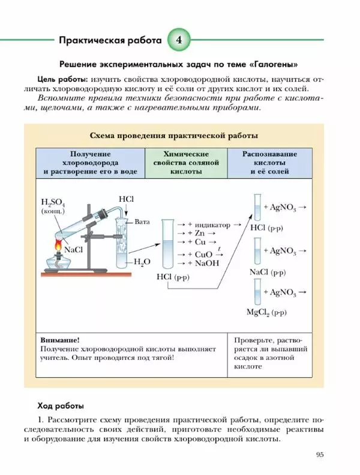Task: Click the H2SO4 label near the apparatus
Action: tap(53, 203)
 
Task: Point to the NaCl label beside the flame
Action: tap(73, 250)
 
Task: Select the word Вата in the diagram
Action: tap(142, 222)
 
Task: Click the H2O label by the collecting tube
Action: tap(142, 262)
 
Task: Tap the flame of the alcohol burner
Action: tap(58, 245)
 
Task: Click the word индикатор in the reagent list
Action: tap(213, 225)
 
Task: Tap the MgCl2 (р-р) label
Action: tap(266, 312)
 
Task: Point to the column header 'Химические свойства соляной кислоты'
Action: tap(186, 163)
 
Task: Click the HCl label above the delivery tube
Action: tap(126, 199)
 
